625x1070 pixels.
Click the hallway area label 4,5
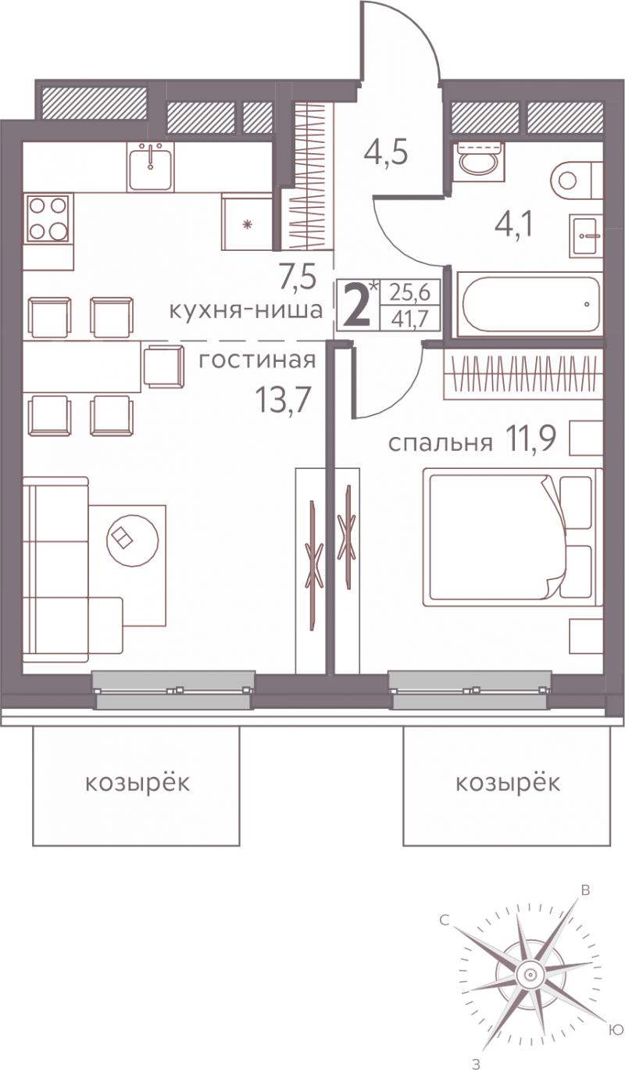385,152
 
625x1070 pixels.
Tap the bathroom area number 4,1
513,225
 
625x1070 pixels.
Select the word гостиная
257,360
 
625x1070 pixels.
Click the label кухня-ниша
246,311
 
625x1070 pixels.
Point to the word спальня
440,444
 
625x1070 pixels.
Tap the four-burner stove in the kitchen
48,218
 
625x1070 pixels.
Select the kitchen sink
151,166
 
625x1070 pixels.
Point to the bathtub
529,304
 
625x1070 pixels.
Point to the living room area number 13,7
284,399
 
